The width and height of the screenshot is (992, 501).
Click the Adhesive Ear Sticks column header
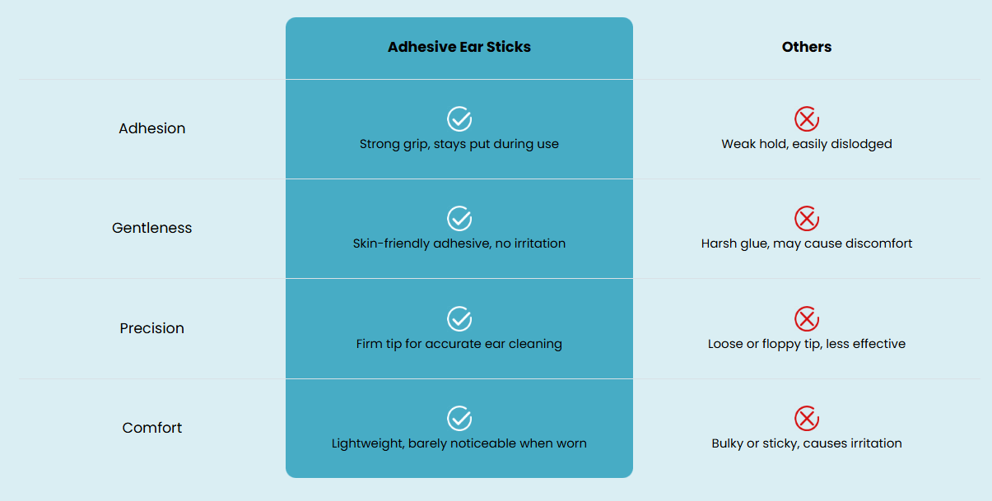(459, 47)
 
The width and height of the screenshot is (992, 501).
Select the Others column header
(807, 47)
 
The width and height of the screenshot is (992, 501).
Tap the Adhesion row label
(152, 128)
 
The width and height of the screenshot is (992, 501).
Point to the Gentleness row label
(152, 228)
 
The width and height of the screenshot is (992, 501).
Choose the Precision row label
(152, 328)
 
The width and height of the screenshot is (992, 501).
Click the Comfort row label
(152, 428)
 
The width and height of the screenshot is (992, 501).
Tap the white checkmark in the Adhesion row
(459, 119)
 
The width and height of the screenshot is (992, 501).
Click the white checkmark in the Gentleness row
(459, 219)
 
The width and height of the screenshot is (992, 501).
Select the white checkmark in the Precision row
(459, 318)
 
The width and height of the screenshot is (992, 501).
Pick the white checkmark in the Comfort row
(459, 418)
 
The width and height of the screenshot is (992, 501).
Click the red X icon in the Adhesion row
(807, 119)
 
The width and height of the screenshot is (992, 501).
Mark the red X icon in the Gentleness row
(807, 219)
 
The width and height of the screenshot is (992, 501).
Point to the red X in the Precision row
(807, 318)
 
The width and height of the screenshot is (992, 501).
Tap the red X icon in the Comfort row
(807, 418)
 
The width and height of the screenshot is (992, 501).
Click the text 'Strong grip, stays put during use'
(459, 144)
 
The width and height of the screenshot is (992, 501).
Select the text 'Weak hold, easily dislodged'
(807, 144)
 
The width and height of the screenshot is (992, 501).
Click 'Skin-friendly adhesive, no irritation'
(459, 244)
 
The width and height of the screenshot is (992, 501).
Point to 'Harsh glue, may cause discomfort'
(807, 244)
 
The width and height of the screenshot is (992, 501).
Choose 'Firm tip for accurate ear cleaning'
(459, 344)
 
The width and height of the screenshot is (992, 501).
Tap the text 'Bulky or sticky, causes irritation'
(807, 443)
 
